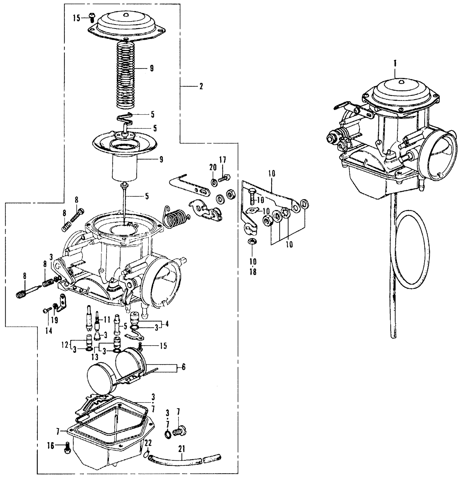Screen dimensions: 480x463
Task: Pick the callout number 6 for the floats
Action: click(x=183, y=367)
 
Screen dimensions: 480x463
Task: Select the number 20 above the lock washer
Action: click(x=213, y=167)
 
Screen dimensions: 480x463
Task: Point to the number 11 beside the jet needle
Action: click(x=107, y=319)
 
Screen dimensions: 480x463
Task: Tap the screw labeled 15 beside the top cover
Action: click(x=92, y=18)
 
